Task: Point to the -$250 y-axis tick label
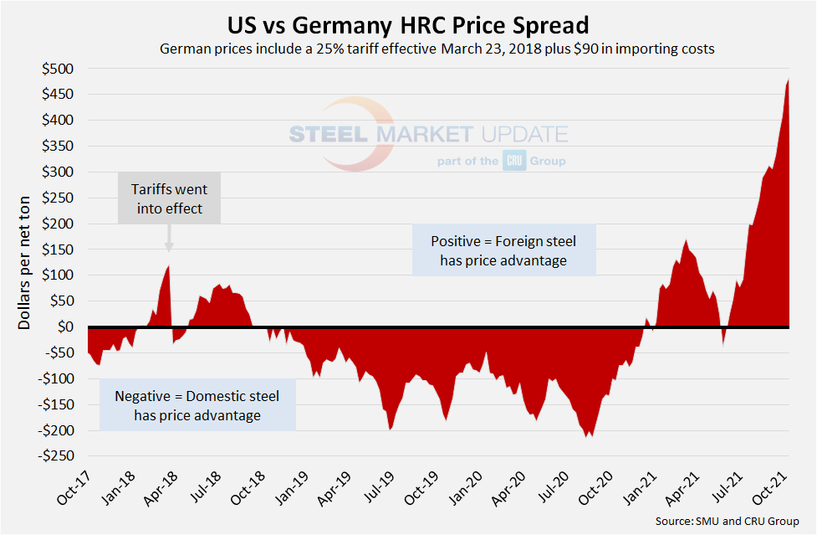(55, 456)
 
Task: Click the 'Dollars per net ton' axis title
(25, 262)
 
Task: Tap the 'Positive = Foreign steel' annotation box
(503, 250)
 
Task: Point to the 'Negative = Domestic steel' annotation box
(197, 405)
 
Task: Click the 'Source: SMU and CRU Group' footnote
(725, 522)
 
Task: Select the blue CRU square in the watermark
(513, 161)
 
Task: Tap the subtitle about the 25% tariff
(437, 49)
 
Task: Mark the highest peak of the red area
(789, 80)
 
